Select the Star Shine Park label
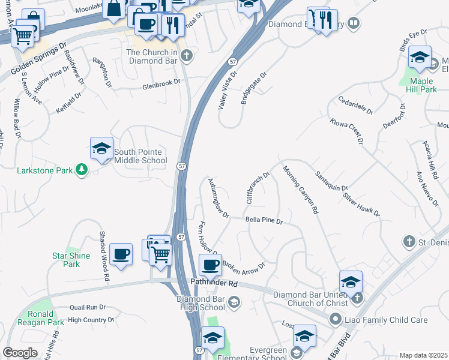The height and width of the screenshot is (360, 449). (71, 260)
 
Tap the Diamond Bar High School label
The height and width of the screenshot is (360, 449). (200, 303)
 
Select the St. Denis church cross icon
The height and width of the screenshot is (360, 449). (409, 242)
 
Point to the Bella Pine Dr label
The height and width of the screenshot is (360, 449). (264, 221)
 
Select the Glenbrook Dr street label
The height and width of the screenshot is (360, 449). (161, 86)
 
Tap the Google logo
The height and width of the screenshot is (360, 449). (20, 353)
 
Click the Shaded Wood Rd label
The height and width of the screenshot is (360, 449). (104, 256)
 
